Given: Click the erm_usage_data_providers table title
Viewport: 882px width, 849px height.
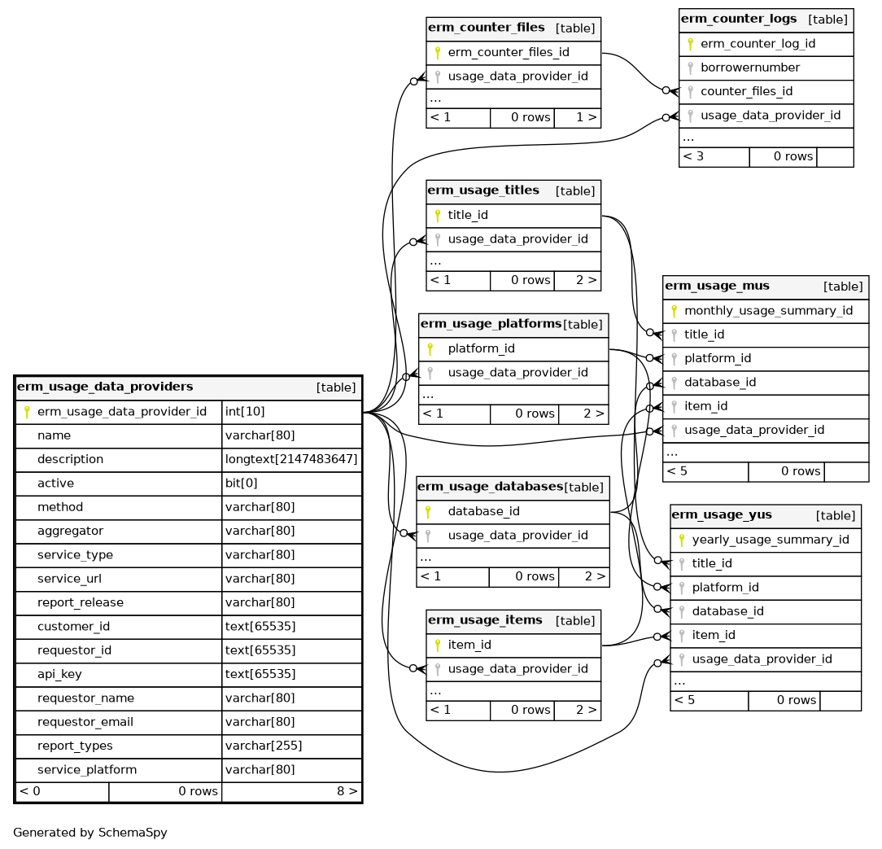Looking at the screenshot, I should pos(105,387).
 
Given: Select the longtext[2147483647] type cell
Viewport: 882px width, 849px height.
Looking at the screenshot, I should pos(291,459).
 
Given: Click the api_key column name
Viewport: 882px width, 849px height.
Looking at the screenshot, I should pos(59,674).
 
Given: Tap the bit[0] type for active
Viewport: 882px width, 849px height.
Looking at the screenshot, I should pos(241,483).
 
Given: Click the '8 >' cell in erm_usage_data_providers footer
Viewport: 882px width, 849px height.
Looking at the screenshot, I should pos(347,790).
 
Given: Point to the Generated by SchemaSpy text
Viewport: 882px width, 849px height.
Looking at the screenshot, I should pos(90,833).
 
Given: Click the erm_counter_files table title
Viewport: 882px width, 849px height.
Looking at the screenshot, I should pos(487,28).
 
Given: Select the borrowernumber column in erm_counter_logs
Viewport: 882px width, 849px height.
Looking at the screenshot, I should pos(750,68).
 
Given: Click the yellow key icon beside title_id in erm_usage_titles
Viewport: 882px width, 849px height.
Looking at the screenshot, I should pos(437,216).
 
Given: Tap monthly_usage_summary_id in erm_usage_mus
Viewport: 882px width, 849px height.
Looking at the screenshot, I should pos(768,310).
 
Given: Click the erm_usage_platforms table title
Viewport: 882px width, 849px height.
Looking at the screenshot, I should pos(491,324).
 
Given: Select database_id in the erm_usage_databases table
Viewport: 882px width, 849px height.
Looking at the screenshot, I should pos(483,511).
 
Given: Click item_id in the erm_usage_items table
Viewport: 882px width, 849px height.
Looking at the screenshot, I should pos(469,645).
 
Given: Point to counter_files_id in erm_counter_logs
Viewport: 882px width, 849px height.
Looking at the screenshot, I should pos(746,91).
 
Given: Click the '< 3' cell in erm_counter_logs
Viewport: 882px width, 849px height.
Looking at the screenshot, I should pos(693,156).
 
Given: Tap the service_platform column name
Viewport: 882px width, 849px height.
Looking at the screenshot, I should pos(87,769).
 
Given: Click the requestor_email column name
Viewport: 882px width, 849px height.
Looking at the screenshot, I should pos(85,722).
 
